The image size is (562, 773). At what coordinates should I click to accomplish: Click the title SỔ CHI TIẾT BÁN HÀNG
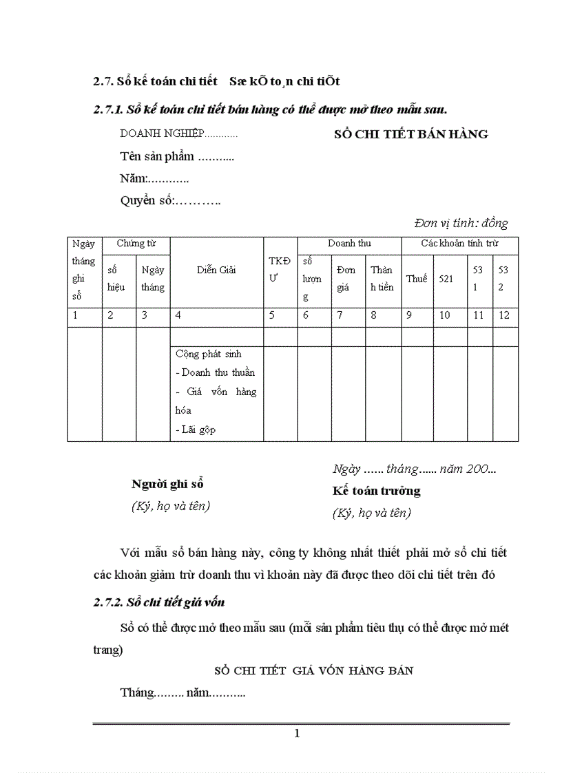click(x=410, y=134)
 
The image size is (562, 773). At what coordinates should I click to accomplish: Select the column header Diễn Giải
click(x=216, y=270)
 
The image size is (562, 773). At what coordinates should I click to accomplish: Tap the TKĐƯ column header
click(x=280, y=269)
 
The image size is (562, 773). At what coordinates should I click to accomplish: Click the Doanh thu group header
click(x=348, y=243)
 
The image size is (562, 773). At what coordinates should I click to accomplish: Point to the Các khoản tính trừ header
click(x=459, y=243)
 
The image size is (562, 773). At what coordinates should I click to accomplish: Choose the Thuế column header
click(x=417, y=279)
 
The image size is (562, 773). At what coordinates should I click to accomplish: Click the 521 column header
click(x=446, y=279)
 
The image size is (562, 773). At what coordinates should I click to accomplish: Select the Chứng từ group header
click(x=136, y=243)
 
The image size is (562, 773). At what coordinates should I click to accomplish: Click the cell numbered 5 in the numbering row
click(x=272, y=316)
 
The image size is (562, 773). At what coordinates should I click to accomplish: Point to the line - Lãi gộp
click(x=196, y=430)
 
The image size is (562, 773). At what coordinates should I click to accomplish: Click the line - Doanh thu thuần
click(x=215, y=372)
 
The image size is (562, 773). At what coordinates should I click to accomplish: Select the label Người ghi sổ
click(x=167, y=484)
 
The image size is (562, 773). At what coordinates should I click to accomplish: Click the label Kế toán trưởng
click(x=376, y=491)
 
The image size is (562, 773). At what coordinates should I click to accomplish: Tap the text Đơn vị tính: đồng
click(x=461, y=223)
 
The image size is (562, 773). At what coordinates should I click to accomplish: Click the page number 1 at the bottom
click(x=297, y=734)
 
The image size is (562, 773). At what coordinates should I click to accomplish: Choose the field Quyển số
click(x=170, y=201)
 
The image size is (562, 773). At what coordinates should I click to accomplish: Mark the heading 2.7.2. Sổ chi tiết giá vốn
click(x=159, y=602)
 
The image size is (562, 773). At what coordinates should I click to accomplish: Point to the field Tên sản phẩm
click(x=177, y=156)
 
